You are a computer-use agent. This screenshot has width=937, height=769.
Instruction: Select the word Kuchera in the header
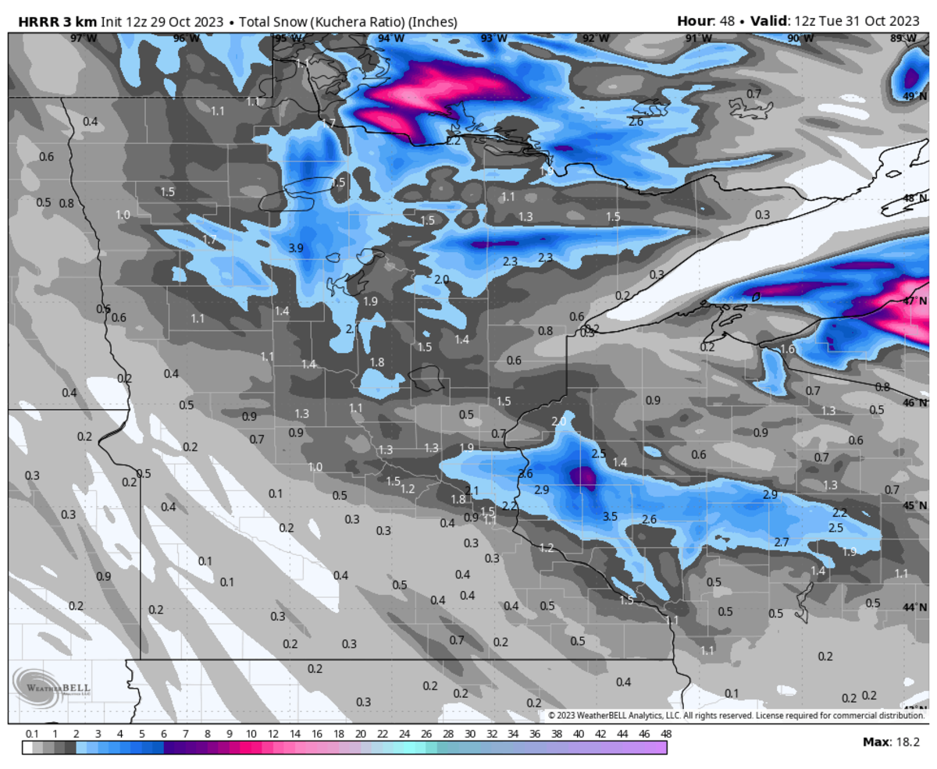pyautogui.click(x=340, y=22)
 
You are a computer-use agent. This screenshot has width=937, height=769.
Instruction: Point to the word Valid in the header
pyautogui.click(x=771, y=21)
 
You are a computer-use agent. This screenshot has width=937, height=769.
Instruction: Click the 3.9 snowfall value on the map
pyautogui.click(x=296, y=247)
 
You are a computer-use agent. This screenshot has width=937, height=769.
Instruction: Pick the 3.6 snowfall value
pyautogui.click(x=526, y=474)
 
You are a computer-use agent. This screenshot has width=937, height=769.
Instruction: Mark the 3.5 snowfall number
pyautogui.click(x=611, y=517)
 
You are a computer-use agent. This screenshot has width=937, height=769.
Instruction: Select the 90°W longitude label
pyautogui.click(x=798, y=38)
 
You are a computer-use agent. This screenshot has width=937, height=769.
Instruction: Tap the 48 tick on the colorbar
pyautogui.click(x=665, y=734)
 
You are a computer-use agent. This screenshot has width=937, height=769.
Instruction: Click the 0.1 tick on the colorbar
pyautogui.click(x=32, y=734)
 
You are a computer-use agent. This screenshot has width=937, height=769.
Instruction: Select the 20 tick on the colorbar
pyautogui.click(x=360, y=734)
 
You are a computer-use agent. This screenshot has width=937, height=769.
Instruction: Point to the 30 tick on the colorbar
pyautogui.click(x=469, y=734)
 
